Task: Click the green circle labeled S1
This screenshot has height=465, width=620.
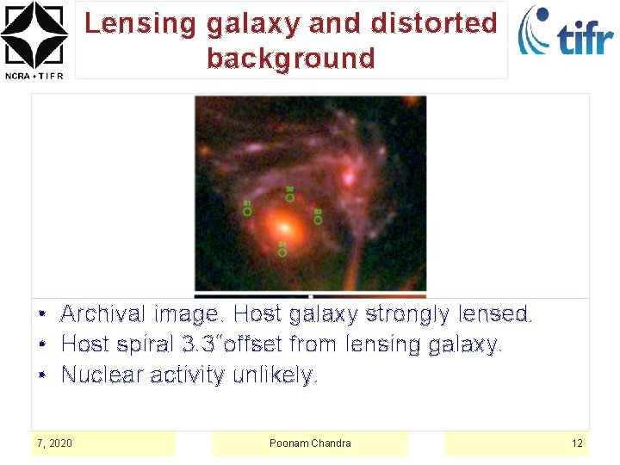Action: [x=247, y=211]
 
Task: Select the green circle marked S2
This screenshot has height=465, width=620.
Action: [x=290, y=197]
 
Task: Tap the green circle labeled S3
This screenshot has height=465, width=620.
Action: [x=318, y=220]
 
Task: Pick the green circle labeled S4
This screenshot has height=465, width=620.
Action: [x=282, y=252]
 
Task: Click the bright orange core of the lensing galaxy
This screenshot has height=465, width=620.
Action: [x=282, y=228]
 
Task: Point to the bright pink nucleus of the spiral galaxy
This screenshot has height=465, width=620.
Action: [x=349, y=178]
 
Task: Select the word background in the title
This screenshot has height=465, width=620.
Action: [x=291, y=58]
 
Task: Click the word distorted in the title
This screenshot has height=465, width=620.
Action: [x=434, y=23]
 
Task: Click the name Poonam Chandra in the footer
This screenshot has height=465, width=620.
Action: [x=310, y=443]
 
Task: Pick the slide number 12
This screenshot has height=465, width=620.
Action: [x=577, y=443]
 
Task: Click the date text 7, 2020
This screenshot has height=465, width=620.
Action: [x=54, y=443]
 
